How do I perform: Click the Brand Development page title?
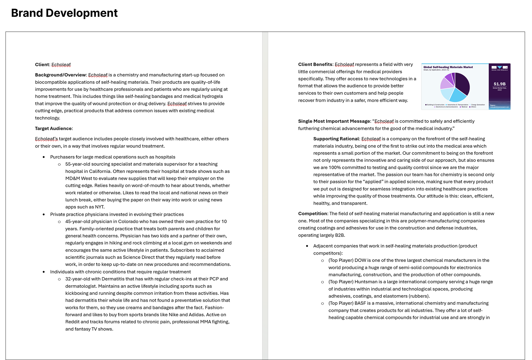tap(64, 13)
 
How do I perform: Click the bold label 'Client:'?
tap(42, 65)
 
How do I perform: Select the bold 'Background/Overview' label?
tap(60, 75)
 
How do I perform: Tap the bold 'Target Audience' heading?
tap(53, 128)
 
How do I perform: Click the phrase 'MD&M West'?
tap(78, 178)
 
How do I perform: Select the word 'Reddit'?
tap(72, 322)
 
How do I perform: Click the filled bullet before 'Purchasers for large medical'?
tap(44, 157)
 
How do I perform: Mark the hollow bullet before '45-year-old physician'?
tap(59, 222)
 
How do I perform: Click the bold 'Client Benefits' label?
tap(315, 64)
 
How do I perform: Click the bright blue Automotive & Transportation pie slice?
tap(457, 95)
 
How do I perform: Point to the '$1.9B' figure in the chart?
tap(500, 84)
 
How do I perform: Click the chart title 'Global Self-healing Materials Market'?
tap(448, 67)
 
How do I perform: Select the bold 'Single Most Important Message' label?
tap(334, 121)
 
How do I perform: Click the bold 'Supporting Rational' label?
tap(336, 139)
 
